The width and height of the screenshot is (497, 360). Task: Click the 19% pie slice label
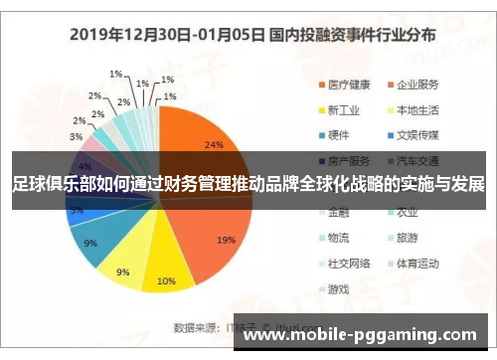226,240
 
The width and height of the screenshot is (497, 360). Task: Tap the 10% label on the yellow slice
166,279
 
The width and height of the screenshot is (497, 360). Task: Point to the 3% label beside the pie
76,135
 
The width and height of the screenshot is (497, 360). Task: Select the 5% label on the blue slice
76,211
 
